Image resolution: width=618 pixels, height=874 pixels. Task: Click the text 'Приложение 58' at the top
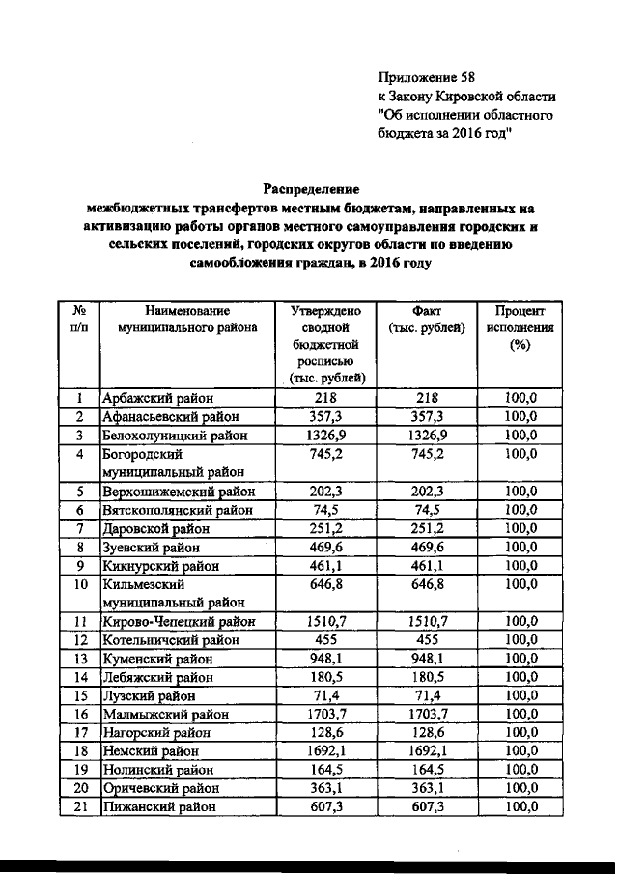click(426, 76)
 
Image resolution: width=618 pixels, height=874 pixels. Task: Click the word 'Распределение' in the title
click(311, 188)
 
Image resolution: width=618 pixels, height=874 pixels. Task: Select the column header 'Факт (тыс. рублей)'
click(426, 320)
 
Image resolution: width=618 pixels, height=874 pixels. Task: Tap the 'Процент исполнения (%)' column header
click(520, 328)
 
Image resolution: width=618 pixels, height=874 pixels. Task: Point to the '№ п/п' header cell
click(80, 320)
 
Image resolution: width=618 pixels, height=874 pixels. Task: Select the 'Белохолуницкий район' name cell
click(176, 436)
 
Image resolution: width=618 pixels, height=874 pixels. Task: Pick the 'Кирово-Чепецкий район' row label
click(179, 622)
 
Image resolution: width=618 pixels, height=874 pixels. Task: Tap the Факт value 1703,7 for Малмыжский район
click(426, 715)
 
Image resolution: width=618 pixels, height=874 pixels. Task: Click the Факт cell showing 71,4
click(426, 696)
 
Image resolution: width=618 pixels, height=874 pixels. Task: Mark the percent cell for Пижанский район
click(520, 807)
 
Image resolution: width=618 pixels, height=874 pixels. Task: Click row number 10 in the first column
click(80, 584)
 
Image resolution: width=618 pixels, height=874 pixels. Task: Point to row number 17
click(80, 733)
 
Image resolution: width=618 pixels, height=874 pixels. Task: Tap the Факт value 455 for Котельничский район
click(426, 640)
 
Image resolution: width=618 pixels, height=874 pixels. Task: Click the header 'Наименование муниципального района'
click(187, 320)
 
